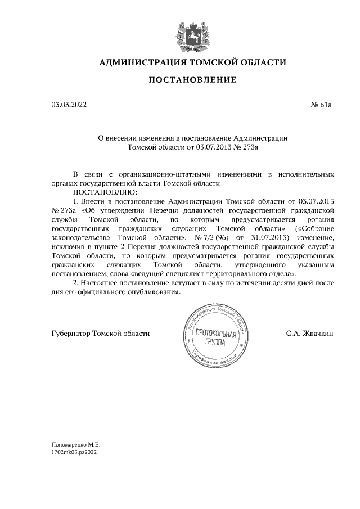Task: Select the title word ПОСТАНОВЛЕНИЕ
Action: click(x=192, y=80)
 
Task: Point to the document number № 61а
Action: click(x=321, y=105)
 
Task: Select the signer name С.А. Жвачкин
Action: click(x=309, y=333)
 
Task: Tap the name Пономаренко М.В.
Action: click(x=71, y=444)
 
